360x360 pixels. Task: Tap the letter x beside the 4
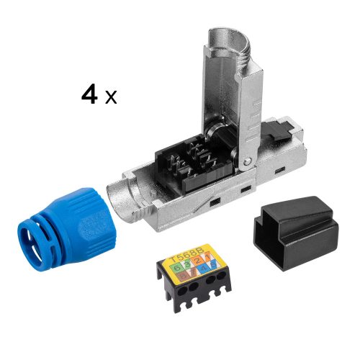click(x=111, y=97)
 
